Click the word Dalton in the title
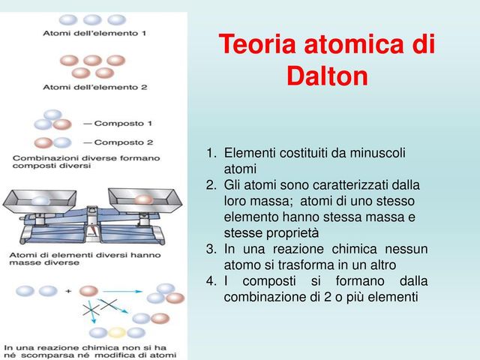327,76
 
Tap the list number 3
211,249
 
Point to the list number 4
211,281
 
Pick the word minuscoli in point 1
372,153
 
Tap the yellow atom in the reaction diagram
115,332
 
